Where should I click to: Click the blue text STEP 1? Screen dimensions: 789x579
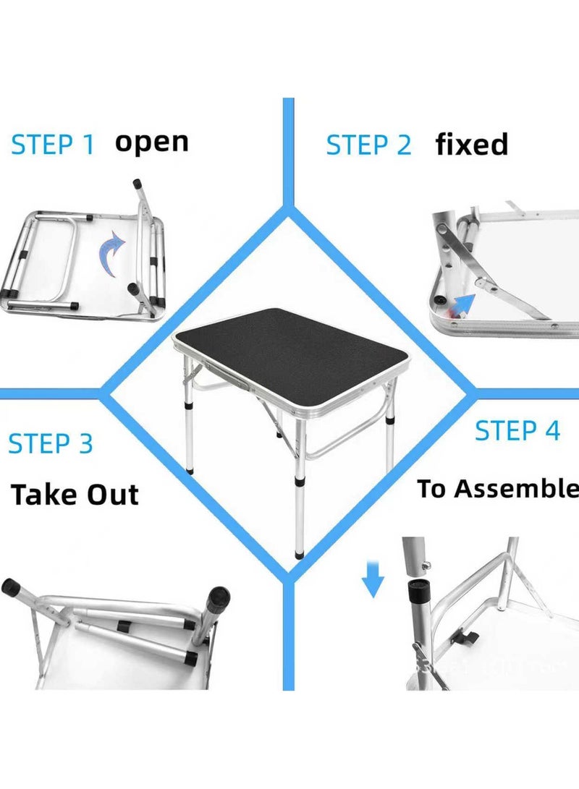tap(53, 145)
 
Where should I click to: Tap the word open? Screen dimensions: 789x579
tap(152, 141)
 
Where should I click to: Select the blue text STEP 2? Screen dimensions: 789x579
tap(368, 145)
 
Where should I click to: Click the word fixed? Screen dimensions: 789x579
tap(471, 145)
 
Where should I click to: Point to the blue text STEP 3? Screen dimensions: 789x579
tap(51, 443)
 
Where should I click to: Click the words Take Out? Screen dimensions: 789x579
tap(75, 495)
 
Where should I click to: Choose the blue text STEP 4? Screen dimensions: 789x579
tap(517, 430)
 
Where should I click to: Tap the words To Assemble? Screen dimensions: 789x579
tap(497, 490)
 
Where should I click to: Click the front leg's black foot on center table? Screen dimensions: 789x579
tap(300, 555)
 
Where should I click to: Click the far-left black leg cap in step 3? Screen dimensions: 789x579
tap(12, 587)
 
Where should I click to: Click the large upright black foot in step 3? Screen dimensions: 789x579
tap(216, 598)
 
